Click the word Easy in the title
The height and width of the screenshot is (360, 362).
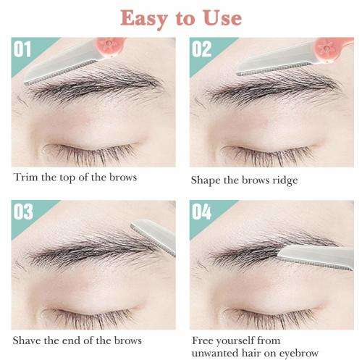pos(144,19)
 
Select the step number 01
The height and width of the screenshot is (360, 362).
pos(22,49)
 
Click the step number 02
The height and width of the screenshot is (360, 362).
pos(201,49)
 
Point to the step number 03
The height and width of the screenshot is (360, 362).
pos(23,212)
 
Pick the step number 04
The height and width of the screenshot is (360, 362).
pos(201,212)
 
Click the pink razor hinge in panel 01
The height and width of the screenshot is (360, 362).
pos(110,46)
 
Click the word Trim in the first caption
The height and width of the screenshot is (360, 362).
pos(26,177)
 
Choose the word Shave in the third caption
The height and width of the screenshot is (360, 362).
pos(27,340)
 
